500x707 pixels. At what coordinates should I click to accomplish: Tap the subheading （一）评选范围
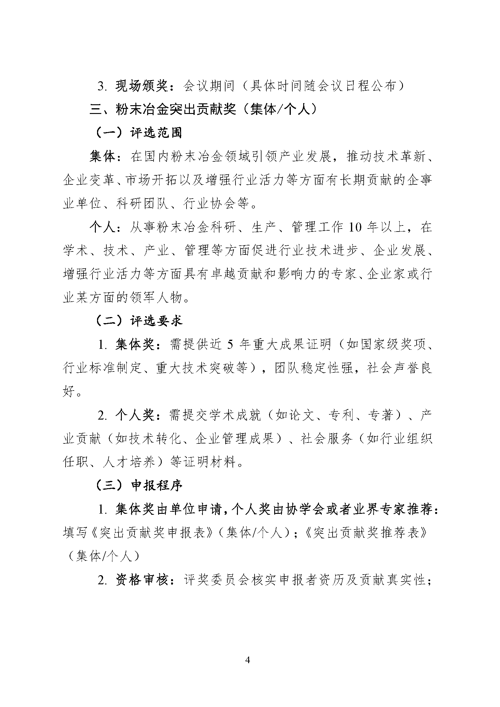[138, 133]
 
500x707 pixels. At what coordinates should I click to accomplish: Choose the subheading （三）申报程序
[138, 485]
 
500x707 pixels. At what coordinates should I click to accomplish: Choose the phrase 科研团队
[143, 203]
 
